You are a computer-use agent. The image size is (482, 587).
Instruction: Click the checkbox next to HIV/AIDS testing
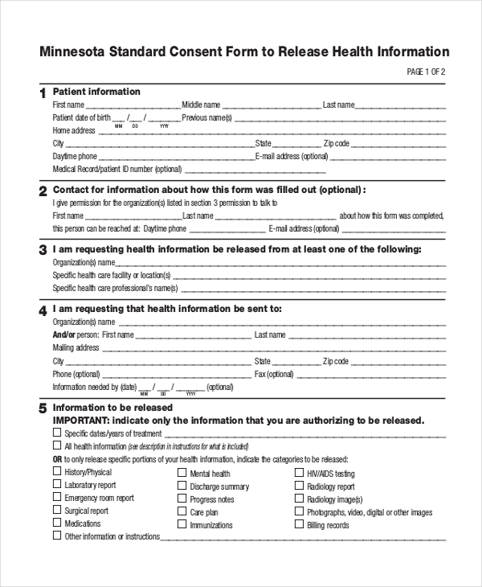pyautogui.click(x=300, y=474)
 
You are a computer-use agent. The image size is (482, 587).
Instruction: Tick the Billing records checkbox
pyautogui.click(x=300, y=524)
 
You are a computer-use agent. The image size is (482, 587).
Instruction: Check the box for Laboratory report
pyautogui.click(x=57, y=485)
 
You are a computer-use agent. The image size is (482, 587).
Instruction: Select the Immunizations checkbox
pyautogui.click(x=182, y=524)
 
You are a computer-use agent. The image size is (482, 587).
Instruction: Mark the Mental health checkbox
pyautogui.click(x=182, y=474)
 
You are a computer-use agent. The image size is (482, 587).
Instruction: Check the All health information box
pyautogui.click(x=57, y=445)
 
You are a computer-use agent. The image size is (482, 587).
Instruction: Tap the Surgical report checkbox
pyautogui.click(x=57, y=511)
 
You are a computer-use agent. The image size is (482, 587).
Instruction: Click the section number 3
pyautogui.click(x=43, y=251)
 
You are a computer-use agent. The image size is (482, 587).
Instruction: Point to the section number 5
pyautogui.click(x=43, y=409)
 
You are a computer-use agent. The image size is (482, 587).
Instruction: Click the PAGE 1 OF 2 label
pyautogui.click(x=426, y=72)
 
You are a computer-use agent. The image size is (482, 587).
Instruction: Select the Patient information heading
pyautogui.click(x=96, y=92)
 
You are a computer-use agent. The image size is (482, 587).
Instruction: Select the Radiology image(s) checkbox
pyautogui.click(x=300, y=499)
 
